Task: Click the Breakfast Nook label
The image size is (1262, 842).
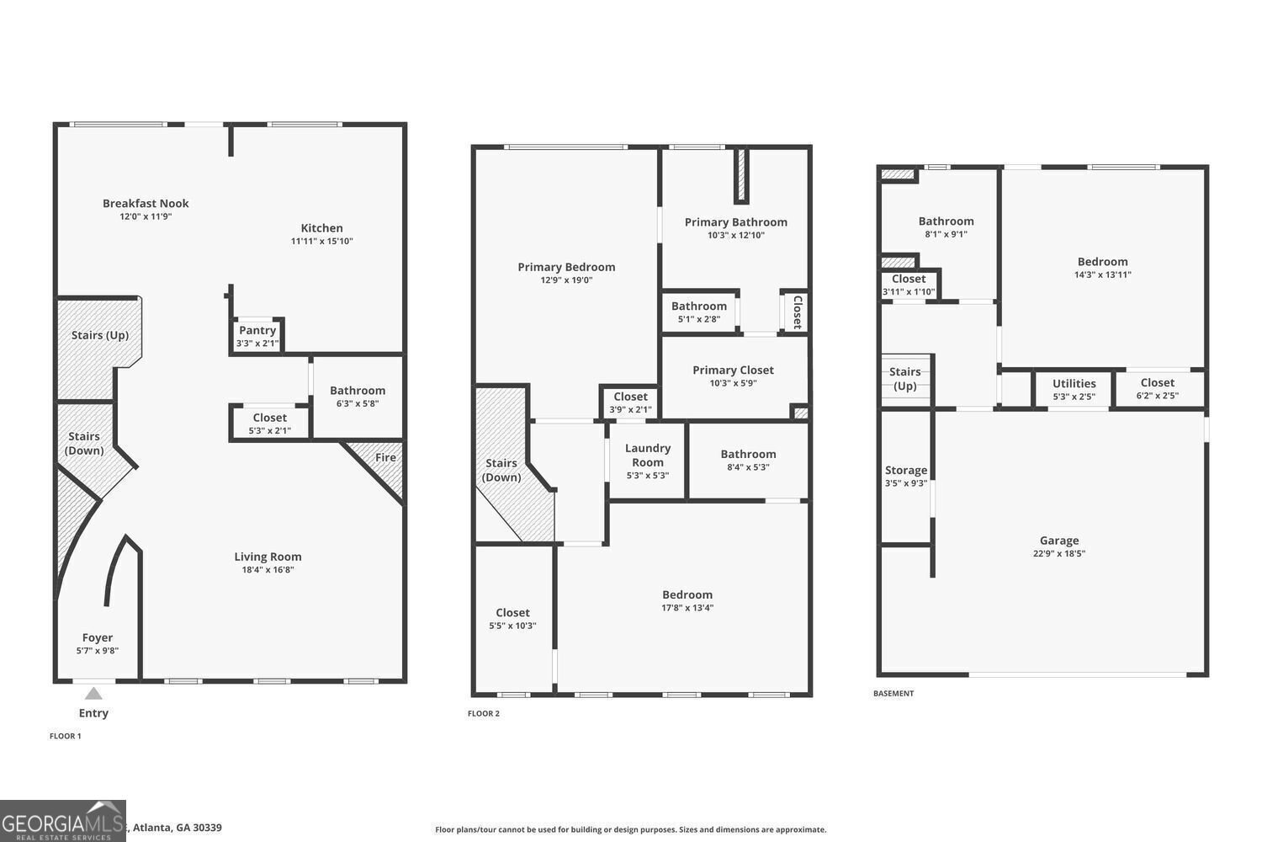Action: pyautogui.click(x=146, y=204)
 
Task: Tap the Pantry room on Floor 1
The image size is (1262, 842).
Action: pyautogui.click(x=257, y=336)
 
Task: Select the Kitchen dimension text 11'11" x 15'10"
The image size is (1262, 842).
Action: pyautogui.click(x=321, y=241)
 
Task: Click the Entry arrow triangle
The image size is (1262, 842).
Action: pyautogui.click(x=93, y=694)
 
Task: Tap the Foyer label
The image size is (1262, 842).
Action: pyautogui.click(x=98, y=638)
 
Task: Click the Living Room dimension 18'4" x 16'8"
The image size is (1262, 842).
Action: pyautogui.click(x=268, y=569)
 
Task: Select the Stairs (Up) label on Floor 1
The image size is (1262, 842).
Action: pyautogui.click(x=100, y=336)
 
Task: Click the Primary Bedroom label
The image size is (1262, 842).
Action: pyautogui.click(x=566, y=267)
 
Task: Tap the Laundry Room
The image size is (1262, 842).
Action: pyautogui.click(x=647, y=461)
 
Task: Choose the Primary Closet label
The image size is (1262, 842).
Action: pyautogui.click(x=733, y=370)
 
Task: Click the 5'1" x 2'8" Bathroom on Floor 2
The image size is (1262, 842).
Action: pyautogui.click(x=698, y=312)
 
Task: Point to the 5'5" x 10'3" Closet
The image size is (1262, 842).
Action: pyautogui.click(x=512, y=619)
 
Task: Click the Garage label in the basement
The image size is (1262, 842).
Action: pyautogui.click(x=1059, y=541)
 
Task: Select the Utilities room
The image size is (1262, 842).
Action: pyautogui.click(x=1074, y=389)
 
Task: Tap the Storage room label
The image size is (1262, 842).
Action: pyautogui.click(x=906, y=471)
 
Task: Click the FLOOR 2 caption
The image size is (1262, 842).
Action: pyautogui.click(x=484, y=713)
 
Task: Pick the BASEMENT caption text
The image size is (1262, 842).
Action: pyautogui.click(x=893, y=693)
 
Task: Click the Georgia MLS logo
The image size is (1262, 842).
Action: pyautogui.click(x=63, y=821)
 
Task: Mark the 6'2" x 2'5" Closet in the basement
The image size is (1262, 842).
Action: pyautogui.click(x=1157, y=389)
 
